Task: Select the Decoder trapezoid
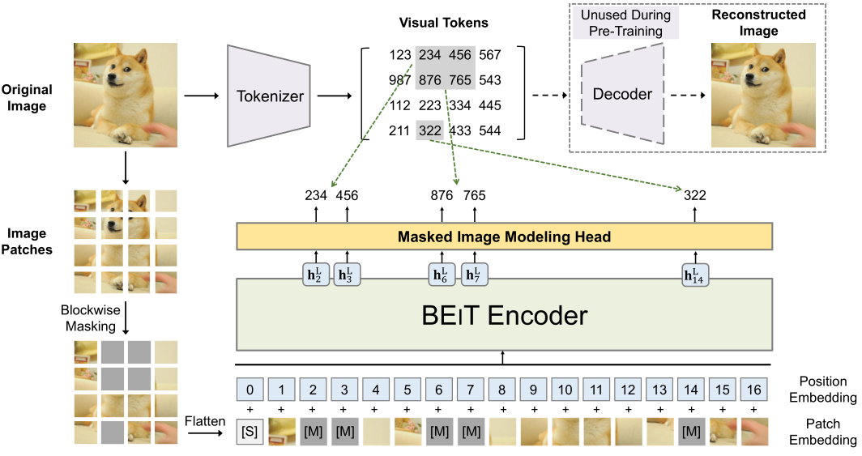tap(621, 94)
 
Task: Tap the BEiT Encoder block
tap(504, 315)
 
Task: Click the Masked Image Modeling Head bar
tap(503, 237)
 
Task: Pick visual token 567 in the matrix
tap(490, 55)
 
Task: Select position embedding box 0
tap(250, 390)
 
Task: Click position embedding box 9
tap(534, 390)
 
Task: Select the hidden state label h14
tap(693, 276)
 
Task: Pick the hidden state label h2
tap(316, 276)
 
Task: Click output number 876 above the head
tap(442, 195)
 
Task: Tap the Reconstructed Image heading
tap(758, 23)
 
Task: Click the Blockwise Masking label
tap(91, 317)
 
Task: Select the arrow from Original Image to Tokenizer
tap(202, 96)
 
